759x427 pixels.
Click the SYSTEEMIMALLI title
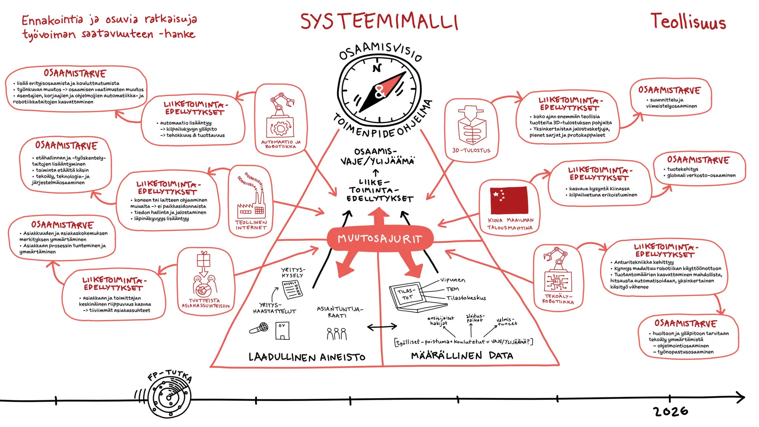point(379,22)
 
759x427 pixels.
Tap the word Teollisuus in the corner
point(688,22)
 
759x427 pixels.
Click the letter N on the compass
point(377,68)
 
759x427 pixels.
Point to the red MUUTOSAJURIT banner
point(380,239)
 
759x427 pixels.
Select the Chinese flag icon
point(509,200)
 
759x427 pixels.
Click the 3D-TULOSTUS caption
point(471,151)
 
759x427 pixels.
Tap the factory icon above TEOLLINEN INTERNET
point(251,204)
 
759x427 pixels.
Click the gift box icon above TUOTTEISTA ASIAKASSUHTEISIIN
point(204,260)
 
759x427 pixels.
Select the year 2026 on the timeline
point(671,412)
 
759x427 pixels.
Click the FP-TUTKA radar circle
point(169,397)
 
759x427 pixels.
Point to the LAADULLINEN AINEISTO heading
point(307,357)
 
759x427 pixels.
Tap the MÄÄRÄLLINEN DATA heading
point(462,356)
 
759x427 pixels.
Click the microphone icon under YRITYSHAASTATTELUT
point(259,328)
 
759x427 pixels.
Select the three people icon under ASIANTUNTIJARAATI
point(336,334)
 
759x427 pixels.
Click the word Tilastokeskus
point(466,298)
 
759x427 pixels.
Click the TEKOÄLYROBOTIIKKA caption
point(558,299)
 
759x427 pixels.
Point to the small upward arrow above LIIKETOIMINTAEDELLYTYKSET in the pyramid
point(376,172)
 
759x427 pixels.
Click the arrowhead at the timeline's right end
point(740,397)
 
